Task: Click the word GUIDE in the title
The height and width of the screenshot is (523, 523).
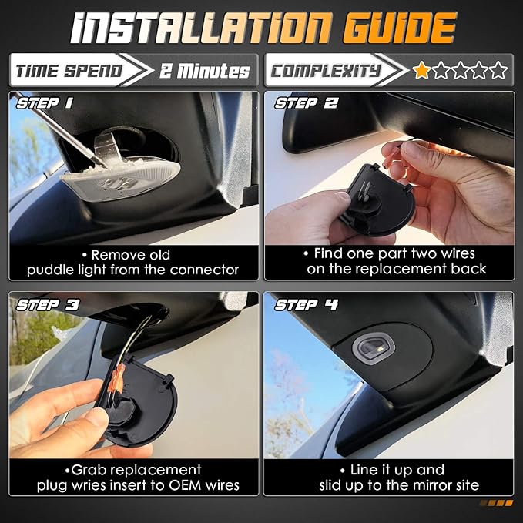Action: [x=399, y=28]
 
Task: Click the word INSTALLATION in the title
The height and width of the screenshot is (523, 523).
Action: [x=202, y=28]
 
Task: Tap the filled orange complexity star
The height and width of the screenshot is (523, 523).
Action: [x=421, y=70]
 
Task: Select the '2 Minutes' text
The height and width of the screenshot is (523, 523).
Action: [x=204, y=71]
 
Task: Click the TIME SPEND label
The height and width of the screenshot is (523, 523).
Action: [x=69, y=71]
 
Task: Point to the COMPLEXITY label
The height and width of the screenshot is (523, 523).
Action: [x=325, y=71]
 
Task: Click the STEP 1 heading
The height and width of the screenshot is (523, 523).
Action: [x=45, y=103]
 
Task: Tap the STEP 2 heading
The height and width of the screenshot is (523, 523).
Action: [x=306, y=103]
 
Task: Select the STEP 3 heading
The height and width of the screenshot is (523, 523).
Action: [x=48, y=304]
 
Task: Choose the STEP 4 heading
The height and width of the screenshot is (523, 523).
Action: [x=307, y=304]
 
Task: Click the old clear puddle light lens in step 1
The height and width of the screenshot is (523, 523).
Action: [x=121, y=179]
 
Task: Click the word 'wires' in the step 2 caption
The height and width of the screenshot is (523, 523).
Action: [x=458, y=253]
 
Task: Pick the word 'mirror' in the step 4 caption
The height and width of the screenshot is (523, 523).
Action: [x=430, y=485]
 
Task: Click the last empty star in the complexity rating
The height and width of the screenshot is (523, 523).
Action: [x=498, y=70]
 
